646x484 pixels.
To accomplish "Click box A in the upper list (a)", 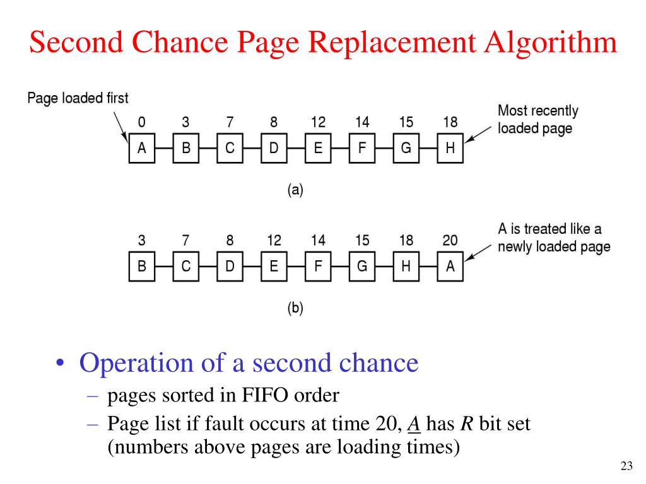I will pos(142,149).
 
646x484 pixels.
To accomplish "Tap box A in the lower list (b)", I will pos(450,267).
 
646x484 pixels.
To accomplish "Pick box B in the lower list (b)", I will pos(142,267).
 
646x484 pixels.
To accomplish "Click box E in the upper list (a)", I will pos(318,149).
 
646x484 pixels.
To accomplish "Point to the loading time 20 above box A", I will pos(450,241).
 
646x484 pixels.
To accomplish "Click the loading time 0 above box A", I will pos(142,122).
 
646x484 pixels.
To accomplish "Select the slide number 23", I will pos(626,466).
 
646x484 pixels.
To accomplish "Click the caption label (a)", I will pos(295,190).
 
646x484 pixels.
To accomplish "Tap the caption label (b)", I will pos(295,308).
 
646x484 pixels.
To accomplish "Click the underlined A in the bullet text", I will pos(413,424).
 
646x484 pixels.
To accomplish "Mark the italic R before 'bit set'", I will pos(465,424).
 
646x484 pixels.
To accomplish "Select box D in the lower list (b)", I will pos(230,267).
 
